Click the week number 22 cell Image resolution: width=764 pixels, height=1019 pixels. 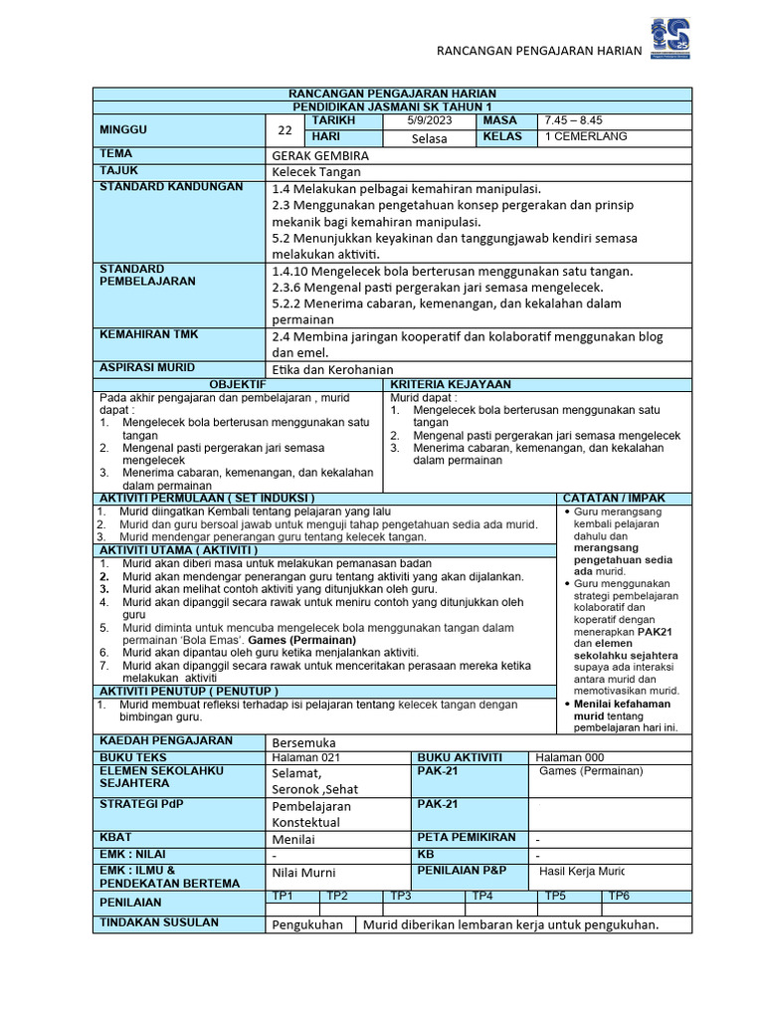pos(286,130)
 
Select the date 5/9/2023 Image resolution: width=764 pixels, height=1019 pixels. pos(429,120)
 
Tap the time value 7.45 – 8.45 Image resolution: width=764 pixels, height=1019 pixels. pos(572,120)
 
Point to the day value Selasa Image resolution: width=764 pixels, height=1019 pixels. pos(429,138)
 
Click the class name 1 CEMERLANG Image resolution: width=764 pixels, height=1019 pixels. pos(586,137)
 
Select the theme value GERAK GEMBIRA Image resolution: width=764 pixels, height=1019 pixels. pos(320,156)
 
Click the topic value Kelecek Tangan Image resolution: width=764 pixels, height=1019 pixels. pos(316,172)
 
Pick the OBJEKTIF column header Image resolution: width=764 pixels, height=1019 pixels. pos(238,384)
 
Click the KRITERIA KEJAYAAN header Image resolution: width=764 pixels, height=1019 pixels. pos(451,384)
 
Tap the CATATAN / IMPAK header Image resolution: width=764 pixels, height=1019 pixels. pos(614,498)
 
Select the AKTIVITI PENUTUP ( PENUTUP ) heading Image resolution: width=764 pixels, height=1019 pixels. pos(187,691)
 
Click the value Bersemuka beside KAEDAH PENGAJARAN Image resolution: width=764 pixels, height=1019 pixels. pos(303,742)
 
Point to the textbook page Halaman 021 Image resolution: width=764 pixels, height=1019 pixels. pos(298,757)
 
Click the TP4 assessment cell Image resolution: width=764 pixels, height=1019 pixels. pos(482,896)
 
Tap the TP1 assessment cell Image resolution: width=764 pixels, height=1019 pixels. pos(283,896)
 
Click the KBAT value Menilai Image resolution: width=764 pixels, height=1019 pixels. pos(295,839)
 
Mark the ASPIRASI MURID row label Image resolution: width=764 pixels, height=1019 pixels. pos(147,367)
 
